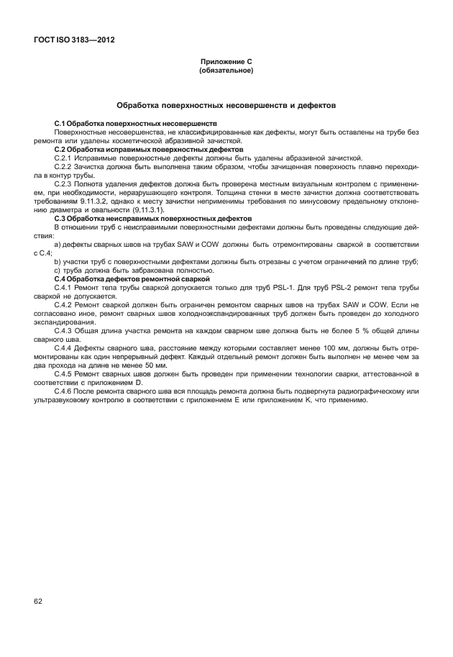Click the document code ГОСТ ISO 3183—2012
click(x=74, y=40)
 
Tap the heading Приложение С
click(x=226, y=63)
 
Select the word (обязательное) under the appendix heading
click(x=226, y=71)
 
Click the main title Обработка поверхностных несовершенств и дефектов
click(x=226, y=105)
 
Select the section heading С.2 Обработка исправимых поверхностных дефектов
click(x=148, y=149)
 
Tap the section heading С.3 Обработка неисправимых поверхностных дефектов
click(x=153, y=217)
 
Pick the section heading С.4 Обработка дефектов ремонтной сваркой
click(x=132, y=278)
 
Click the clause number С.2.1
click(x=64, y=157)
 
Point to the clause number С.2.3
click(x=64, y=184)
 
